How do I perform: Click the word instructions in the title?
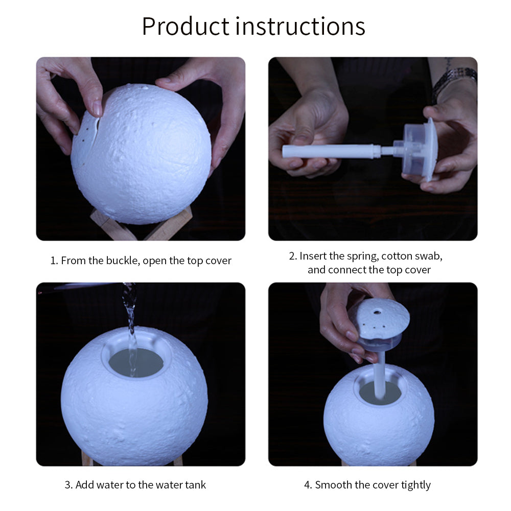click(300, 26)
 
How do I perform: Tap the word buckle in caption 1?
click(123, 261)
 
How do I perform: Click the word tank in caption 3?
click(196, 484)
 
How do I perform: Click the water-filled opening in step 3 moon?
click(136, 362)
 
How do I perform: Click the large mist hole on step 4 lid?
click(378, 312)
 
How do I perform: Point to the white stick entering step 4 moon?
click(380, 374)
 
